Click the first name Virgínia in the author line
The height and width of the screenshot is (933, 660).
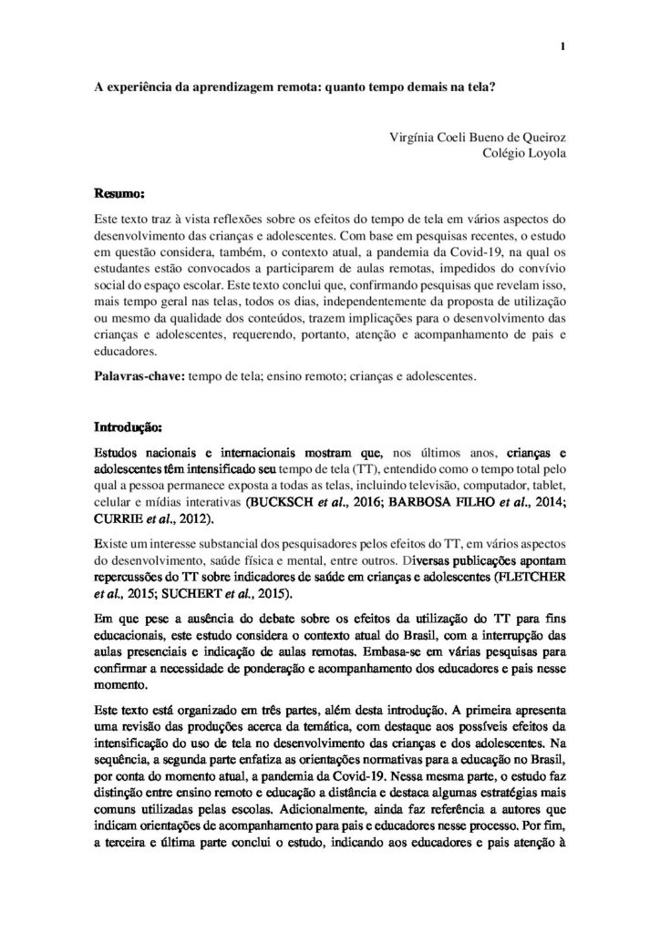click(410, 138)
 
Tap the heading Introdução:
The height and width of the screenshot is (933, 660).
click(129, 426)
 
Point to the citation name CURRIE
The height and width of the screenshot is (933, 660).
click(119, 519)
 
